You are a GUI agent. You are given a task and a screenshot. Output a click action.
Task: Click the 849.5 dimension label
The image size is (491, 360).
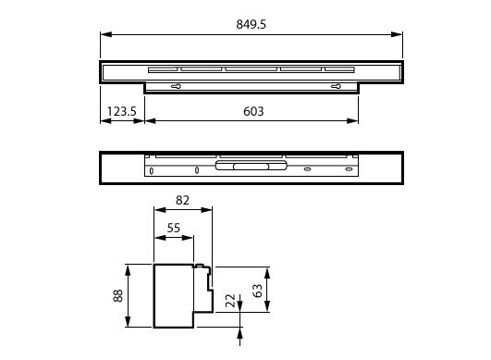252,24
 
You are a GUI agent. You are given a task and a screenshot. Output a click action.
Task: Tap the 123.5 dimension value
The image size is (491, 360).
122,111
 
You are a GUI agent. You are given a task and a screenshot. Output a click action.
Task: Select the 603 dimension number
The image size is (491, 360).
253,111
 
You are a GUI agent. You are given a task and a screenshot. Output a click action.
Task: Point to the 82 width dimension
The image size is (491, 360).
182,200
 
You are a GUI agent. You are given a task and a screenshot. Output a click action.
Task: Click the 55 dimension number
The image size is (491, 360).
174,228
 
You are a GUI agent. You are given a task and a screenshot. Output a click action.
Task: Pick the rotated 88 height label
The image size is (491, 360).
118,295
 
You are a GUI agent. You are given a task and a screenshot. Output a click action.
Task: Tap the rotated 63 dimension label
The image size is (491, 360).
257,291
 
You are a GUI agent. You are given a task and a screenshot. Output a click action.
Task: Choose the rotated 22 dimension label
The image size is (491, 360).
231,301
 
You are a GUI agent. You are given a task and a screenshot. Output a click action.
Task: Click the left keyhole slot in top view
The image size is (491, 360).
176,86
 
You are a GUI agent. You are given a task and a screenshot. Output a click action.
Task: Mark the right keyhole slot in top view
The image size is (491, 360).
336,86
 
